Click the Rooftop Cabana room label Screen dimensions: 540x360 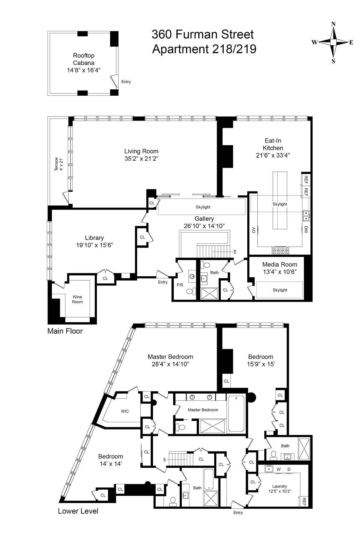84,59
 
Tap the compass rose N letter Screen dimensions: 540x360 333,24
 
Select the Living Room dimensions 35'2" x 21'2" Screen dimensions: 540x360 141,159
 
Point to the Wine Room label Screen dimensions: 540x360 77,299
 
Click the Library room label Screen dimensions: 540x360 94,238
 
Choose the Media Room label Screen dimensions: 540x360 280,265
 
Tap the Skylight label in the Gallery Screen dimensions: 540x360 203,207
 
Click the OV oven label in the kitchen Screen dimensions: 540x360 254,230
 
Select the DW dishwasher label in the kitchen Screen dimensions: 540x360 306,229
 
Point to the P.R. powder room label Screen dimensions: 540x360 180,285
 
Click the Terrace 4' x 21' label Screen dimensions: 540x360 58,164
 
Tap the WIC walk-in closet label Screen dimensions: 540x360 125,411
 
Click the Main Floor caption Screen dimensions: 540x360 65,331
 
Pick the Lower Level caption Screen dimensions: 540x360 78,511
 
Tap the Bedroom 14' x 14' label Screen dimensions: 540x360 111,460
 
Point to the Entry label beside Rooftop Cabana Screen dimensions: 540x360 126,82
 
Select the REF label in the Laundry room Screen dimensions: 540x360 304,501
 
